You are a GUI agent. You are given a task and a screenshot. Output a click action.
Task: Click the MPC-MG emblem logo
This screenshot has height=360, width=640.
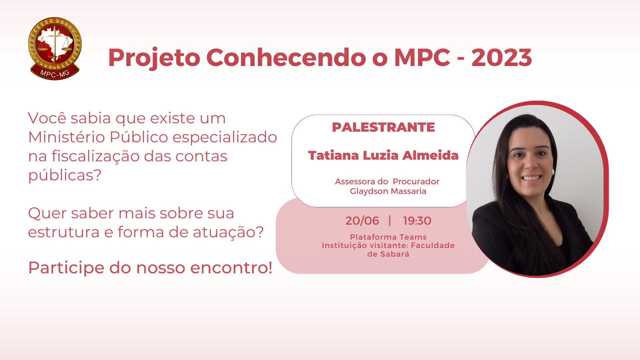(55, 49)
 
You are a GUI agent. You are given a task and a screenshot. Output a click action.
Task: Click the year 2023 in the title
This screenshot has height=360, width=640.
(501, 58)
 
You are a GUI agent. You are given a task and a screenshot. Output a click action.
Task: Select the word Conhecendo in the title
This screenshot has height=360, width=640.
(286, 58)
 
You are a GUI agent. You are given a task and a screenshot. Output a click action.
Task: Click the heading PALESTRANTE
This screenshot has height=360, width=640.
(383, 127)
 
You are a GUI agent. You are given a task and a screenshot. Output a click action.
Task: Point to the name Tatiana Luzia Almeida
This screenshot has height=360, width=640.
(383, 155)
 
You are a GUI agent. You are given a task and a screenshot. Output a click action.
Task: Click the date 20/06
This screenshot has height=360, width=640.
(362, 221)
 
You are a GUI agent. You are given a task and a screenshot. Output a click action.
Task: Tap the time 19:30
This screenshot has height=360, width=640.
(417, 221)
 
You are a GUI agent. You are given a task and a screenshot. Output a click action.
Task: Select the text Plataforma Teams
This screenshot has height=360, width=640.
(388, 237)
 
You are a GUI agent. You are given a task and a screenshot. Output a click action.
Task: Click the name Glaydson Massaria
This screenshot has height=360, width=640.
(388, 191)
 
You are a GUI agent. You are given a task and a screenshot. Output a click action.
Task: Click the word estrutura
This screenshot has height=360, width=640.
(64, 232)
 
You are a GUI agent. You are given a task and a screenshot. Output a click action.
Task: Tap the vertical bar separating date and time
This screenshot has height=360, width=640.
(390, 221)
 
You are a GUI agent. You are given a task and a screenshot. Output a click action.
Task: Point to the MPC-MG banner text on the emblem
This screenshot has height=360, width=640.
(55, 73)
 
